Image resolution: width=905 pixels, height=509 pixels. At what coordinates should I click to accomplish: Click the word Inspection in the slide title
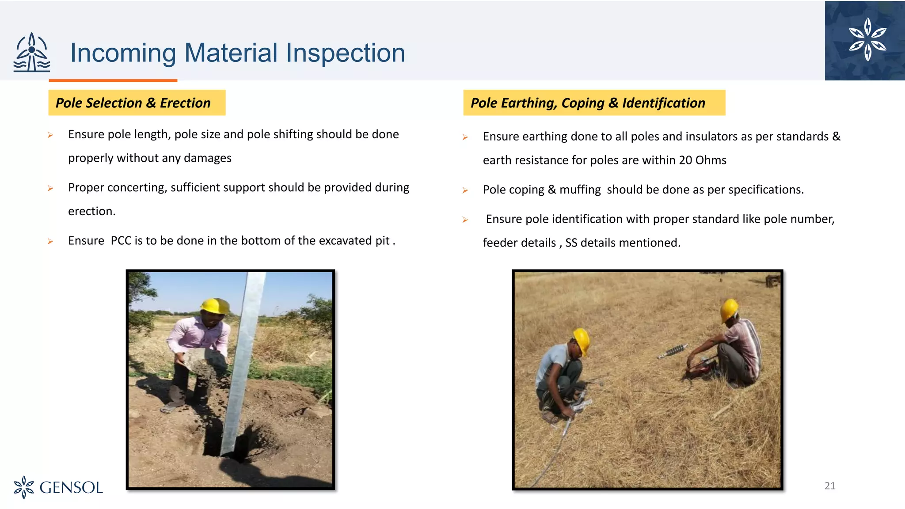click(345, 53)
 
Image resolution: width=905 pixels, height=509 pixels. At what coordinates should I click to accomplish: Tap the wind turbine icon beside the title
click(32, 53)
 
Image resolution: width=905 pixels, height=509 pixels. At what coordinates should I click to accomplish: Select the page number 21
click(830, 486)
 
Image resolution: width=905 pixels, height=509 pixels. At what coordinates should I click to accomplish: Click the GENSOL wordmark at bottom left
click(71, 488)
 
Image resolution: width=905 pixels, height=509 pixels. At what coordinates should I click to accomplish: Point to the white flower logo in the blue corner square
click(867, 39)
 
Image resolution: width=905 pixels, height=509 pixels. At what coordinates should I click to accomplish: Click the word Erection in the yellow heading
click(185, 103)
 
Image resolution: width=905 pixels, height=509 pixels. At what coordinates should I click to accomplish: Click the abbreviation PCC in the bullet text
click(121, 240)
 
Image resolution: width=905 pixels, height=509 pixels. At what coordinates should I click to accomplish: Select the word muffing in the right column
click(580, 190)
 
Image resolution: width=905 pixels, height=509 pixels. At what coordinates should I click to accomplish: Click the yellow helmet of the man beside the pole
click(215, 305)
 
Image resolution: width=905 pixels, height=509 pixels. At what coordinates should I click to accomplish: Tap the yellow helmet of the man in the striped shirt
click(729, 309)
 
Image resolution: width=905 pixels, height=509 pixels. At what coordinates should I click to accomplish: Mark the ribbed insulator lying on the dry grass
click(673, 351)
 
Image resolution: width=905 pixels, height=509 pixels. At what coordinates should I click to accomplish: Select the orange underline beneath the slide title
click(113, 80)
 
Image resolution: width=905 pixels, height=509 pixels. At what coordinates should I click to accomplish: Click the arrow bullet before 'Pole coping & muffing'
click(465, 190)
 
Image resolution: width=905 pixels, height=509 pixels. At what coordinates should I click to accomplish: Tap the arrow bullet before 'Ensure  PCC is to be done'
click(50, 241)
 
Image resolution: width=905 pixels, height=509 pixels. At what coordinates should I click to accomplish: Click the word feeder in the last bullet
click(497, 243)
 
